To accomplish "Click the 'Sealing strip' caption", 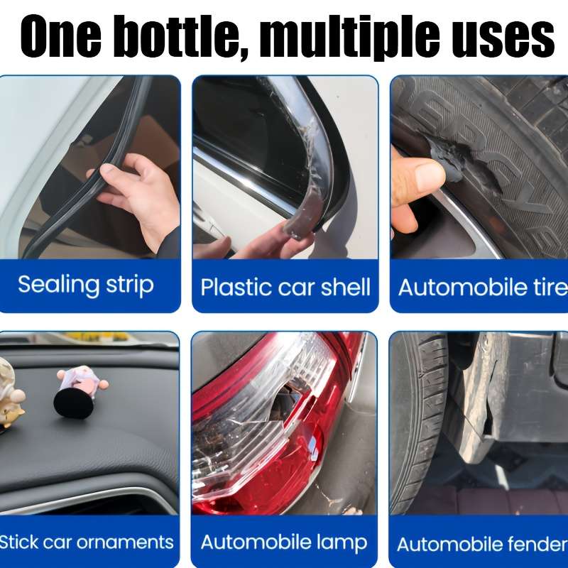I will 85,285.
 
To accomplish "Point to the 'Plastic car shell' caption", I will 285,288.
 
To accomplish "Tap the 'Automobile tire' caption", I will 483,288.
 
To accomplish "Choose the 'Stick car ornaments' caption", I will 86,542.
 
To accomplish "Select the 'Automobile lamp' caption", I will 284,543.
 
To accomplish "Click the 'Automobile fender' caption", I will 482,545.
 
